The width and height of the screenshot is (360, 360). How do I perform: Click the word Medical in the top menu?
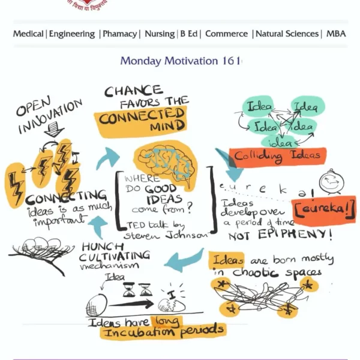click(28, 34)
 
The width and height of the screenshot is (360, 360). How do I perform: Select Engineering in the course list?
click(71, 34)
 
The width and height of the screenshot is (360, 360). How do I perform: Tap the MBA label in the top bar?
click(336, 34)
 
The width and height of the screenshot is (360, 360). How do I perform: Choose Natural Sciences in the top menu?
click(287, 34)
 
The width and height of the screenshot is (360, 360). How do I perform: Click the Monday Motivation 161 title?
click(180, 61)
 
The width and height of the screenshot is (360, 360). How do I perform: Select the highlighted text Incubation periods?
click(163, 329)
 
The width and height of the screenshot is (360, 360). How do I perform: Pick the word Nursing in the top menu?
click(160, 34)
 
